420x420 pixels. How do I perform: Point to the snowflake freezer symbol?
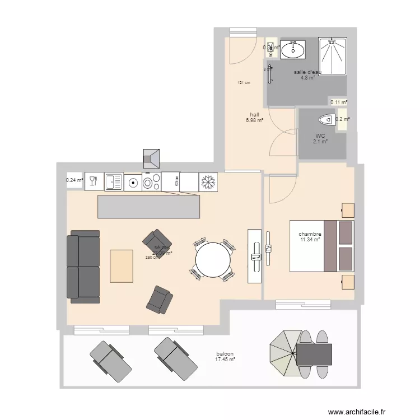click(x=208, y=181)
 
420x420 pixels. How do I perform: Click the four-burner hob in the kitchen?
click(x=152, y=181)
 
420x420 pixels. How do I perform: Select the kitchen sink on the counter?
click(x=114, y=181)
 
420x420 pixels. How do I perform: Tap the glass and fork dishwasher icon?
click(x=94, y=181)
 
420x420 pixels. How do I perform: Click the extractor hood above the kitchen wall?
click(x=152, y=158)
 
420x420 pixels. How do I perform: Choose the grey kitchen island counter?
click(x=148, y=207)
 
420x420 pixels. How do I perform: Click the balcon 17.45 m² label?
click(x=225, y=357)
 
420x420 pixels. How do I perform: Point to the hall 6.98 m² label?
click(x=254, y=117)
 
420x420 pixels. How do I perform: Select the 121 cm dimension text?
click(x=243, y=83)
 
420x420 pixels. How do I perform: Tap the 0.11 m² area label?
click(x=338, y=102)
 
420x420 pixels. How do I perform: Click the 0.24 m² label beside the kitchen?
click(x=74, y=180)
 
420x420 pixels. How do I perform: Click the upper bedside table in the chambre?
click(x=348, y=210)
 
